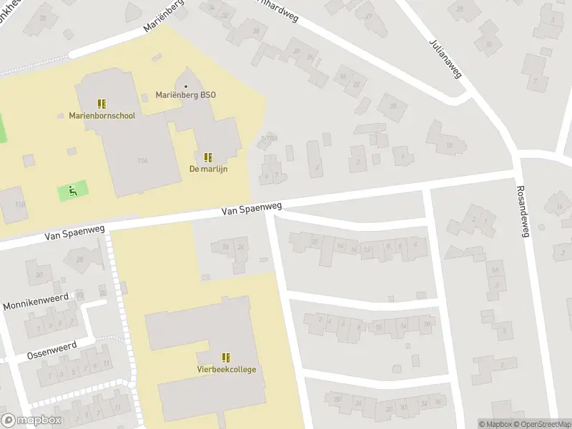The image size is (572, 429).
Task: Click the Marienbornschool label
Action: point(102,115)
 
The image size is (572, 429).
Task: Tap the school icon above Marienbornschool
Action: point(102,104)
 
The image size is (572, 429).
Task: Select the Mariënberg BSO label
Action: point(186,95)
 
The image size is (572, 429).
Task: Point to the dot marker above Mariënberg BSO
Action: point(186,87)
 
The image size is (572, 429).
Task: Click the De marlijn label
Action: point(208,169)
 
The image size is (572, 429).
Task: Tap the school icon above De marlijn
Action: point(208,157)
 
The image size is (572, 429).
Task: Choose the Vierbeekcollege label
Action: point(227,370)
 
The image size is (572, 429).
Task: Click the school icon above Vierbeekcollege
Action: point(227,357)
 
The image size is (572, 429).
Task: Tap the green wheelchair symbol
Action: point(72,191)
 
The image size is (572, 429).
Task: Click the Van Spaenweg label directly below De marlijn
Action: point(251,209)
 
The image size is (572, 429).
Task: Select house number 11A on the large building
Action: point(143,161)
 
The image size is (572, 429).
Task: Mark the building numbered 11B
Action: point(20,205)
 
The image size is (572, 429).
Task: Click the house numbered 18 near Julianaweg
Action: point(448,145)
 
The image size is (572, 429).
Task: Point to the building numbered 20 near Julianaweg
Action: point(392,107)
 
